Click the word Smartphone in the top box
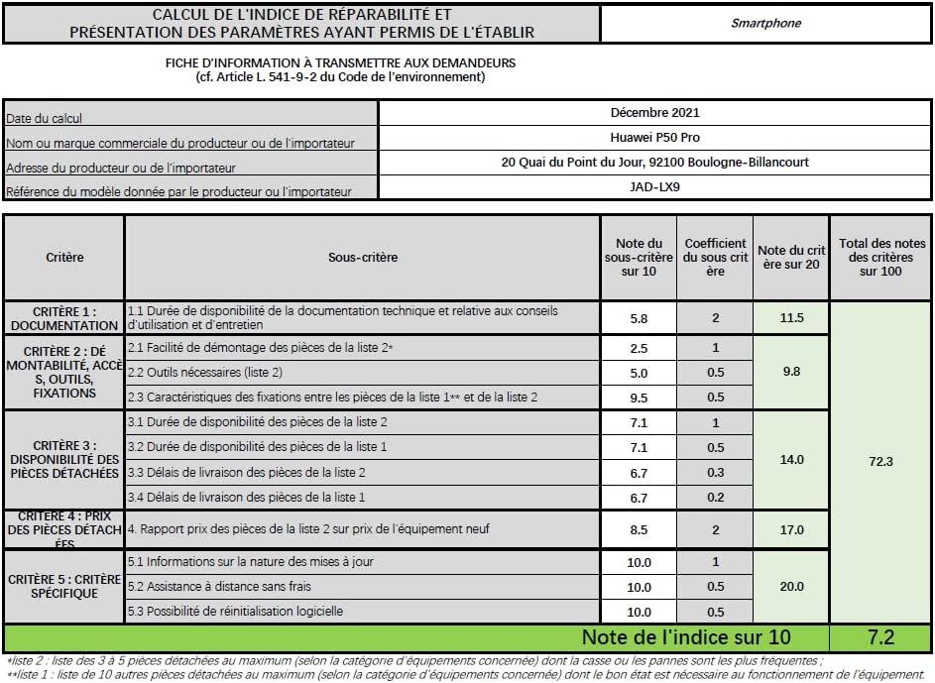tap(765, 23)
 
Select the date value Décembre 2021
tap(654, 113)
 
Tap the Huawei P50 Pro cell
tap(654, 138)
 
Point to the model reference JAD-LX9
tap(654, 186)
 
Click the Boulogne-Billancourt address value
tap(654, 162)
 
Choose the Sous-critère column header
tap(362, 258)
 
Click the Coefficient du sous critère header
tap(715, 258)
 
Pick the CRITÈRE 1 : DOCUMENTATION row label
tap(64, 318)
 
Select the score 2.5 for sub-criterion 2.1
tap(639, 348)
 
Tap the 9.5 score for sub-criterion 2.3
tap(639, 397)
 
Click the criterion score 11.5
tap(791, 318)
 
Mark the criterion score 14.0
tap(791, 460)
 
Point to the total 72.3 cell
tap(880, 462)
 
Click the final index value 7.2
tap(880, 637)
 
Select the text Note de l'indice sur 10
tap(686, 637)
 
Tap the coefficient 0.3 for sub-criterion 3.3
tap(715, 473)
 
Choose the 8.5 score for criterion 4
tap(639, 530)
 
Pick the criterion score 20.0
tap(791, 587)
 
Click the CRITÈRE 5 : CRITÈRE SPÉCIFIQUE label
tap(64, 586)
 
